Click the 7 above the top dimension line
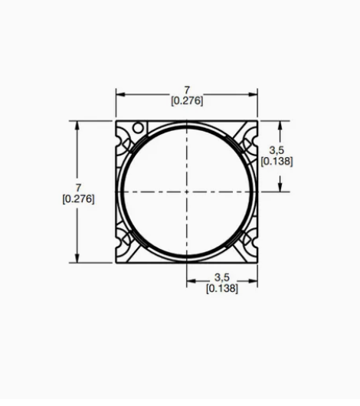[187, 90]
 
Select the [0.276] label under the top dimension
[187, 100]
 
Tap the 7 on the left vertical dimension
[78, 188]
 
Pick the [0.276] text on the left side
[78, 199]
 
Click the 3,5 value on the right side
[277, 150]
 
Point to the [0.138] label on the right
[277, 162]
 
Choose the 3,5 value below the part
[222, 277]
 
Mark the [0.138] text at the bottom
[222, 288]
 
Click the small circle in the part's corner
[138, 128]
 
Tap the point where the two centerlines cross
[187, 192]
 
